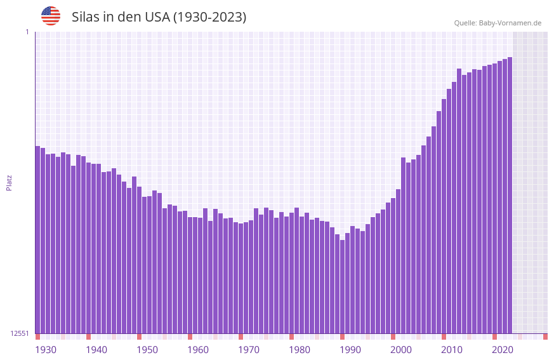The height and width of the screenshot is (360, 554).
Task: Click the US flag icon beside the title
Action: point(51,16)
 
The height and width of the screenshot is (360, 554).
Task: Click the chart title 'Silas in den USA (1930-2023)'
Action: point(159,17)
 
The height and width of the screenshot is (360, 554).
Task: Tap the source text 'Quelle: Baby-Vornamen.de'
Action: point(498,23)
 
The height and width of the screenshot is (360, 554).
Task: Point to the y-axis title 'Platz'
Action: point(9,182)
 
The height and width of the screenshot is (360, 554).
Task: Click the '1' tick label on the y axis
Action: point(27,32)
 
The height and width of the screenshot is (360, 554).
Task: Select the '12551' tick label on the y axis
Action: point(20,333)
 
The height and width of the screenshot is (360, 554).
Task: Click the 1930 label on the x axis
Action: point(46,350)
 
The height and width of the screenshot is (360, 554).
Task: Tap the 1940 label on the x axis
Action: point(96,350)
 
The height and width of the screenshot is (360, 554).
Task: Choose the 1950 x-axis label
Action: point(147,350)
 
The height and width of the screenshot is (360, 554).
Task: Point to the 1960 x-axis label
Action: point(198,350)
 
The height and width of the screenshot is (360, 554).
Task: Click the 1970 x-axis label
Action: point(249,350)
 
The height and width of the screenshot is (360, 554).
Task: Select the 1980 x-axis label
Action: point(300,350)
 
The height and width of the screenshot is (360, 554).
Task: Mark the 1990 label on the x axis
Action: point(350,350)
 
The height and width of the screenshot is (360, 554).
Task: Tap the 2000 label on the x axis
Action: point(401,350)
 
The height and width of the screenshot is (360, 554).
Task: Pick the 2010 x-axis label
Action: point(452,350)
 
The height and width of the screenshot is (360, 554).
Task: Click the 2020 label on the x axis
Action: point(503,350)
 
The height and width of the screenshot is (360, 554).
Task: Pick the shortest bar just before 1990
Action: point(342,286)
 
